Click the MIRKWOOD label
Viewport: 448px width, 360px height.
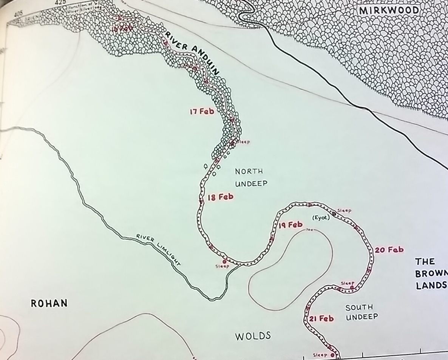[389, 11]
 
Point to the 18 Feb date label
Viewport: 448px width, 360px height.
[220, 197]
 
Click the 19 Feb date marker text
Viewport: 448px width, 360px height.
[290, 225]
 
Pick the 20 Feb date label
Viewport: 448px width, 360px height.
[389, 250]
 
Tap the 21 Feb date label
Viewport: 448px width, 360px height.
[321, 319]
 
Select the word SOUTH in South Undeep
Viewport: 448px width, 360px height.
[359, 308]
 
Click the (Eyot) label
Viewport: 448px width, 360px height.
[321, 218]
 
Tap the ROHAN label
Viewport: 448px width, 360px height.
[49, 303]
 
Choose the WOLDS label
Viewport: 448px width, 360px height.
[253, 336]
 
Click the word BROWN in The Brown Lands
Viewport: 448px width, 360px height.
[431, 274]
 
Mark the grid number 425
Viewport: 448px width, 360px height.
[59, 2]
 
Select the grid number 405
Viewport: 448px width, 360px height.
[18, 14]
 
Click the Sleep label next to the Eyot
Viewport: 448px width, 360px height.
[344, 211]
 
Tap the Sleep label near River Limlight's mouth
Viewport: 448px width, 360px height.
[222, 266]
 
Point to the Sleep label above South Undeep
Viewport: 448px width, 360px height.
[348, 283]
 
